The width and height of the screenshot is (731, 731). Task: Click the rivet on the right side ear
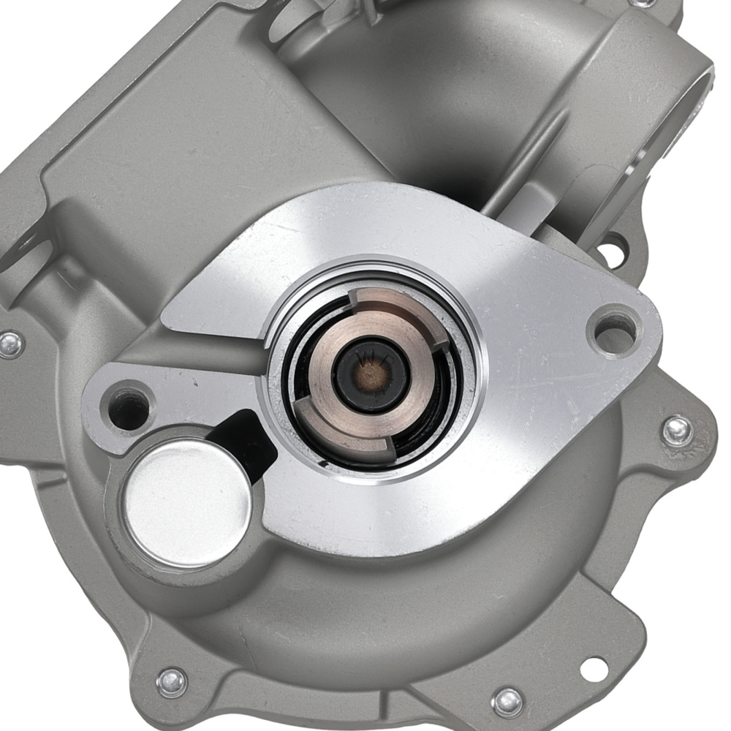[677, 431]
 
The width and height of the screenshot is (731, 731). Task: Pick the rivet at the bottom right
[507, 702]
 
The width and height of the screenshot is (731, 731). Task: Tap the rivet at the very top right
[643, 4]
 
